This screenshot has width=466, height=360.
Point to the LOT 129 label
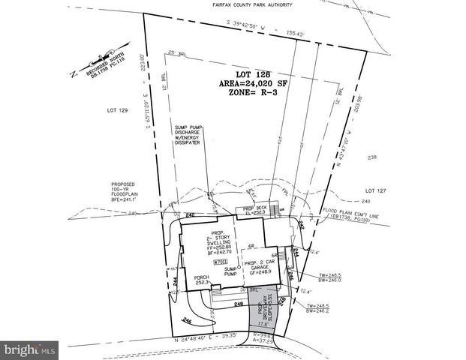pos(116,110)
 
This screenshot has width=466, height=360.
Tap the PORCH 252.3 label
pos(200,280)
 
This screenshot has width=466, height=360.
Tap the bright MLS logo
pos(30,349)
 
